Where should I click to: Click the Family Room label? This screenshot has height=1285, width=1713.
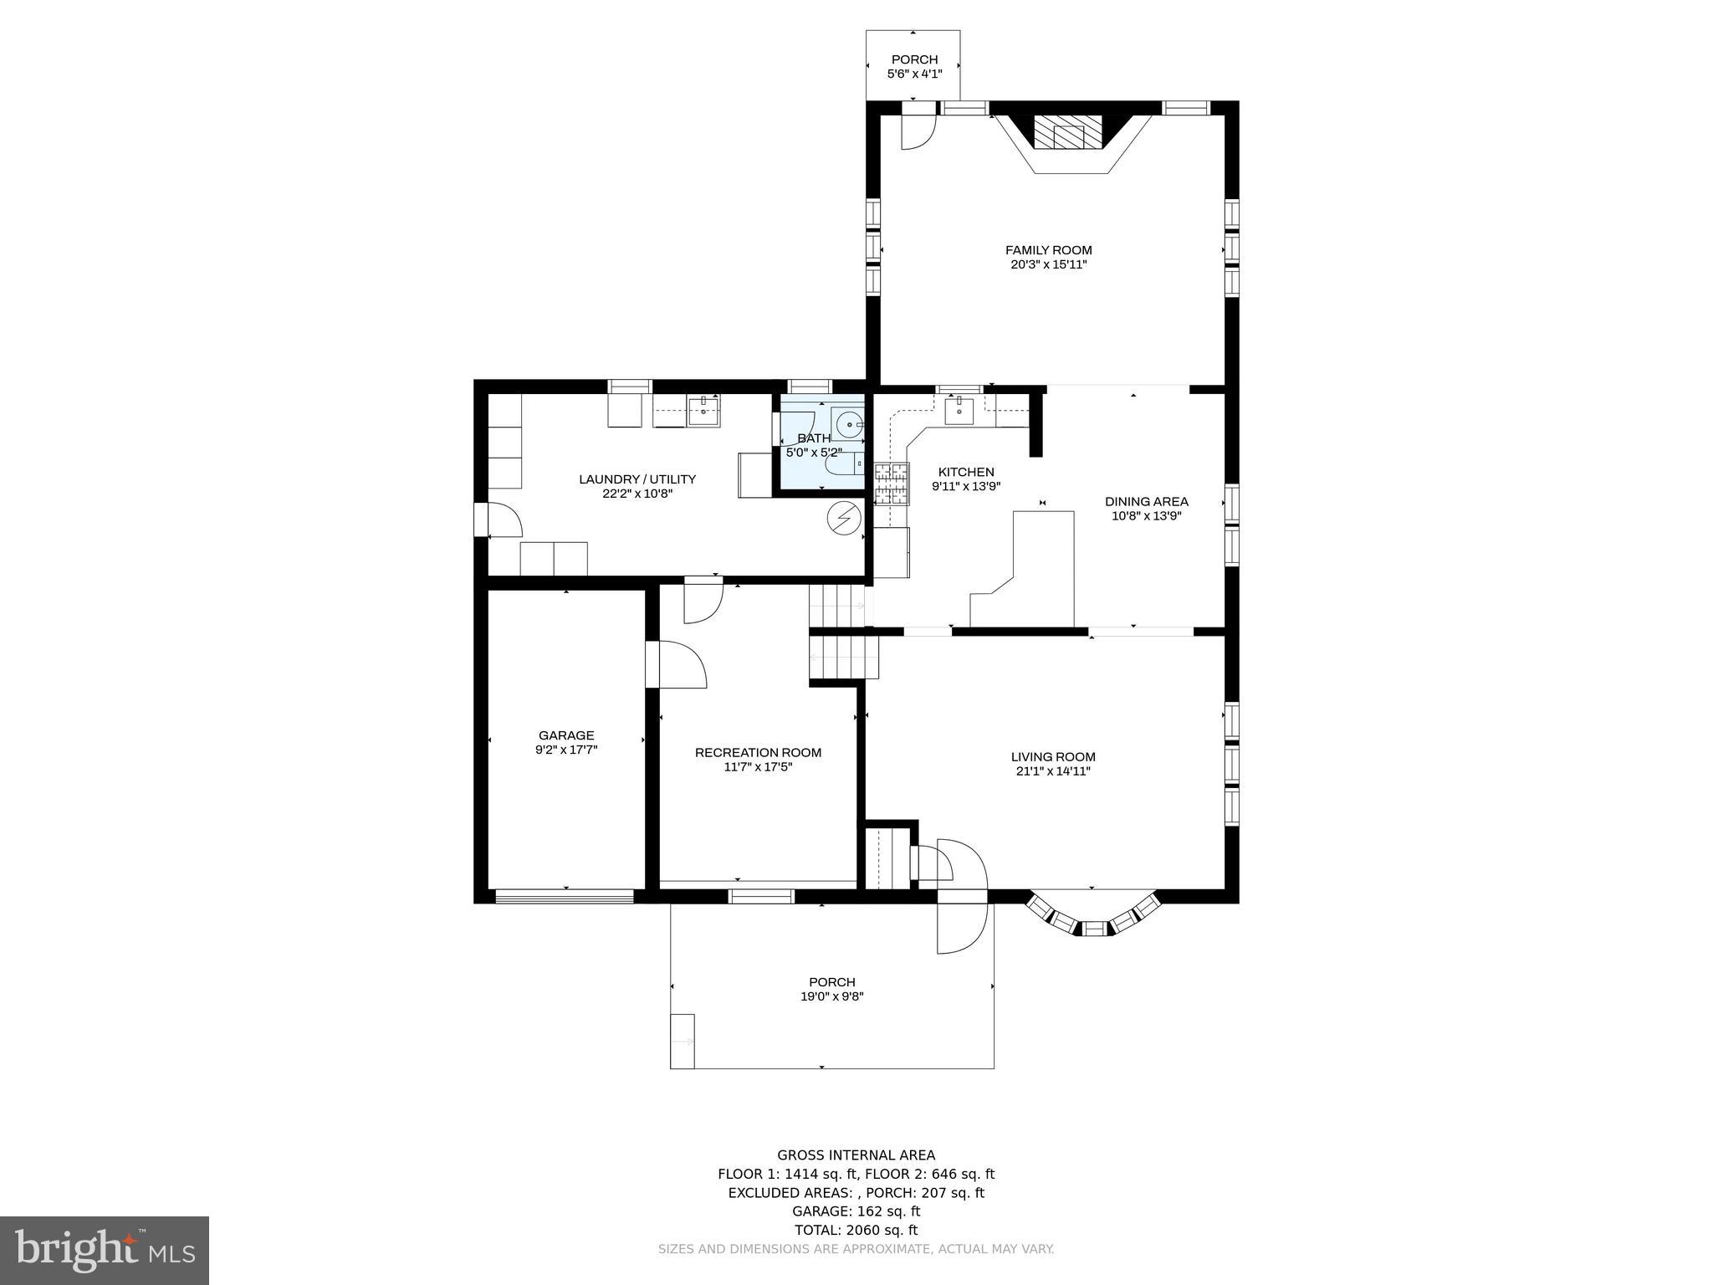coord(1048,250)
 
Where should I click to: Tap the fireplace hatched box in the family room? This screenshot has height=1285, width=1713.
coord(1068,132)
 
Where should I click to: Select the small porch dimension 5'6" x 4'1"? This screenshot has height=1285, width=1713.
coord(914,74)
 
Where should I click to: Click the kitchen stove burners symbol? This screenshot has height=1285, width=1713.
coord(891,484)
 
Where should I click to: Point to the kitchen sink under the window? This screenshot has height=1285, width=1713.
coord(959,411)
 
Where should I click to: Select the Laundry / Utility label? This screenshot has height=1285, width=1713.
coord(637,479)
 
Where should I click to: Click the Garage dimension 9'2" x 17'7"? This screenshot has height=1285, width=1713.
coord(566,750)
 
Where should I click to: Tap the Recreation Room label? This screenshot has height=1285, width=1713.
coord(758,753)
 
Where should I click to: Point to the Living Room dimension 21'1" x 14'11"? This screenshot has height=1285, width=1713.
coord(1052,771)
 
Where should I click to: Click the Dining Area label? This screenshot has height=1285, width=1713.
coord(1146,502)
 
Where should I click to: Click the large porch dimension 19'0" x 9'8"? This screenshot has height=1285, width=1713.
coord(831,996)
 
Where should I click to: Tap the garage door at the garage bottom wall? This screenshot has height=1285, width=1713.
coord(565,897)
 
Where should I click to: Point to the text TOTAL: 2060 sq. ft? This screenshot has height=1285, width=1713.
coord(856,1230)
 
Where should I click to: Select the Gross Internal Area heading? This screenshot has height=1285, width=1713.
coord(856,1155)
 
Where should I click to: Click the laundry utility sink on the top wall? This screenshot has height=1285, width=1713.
coord(703,410)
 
